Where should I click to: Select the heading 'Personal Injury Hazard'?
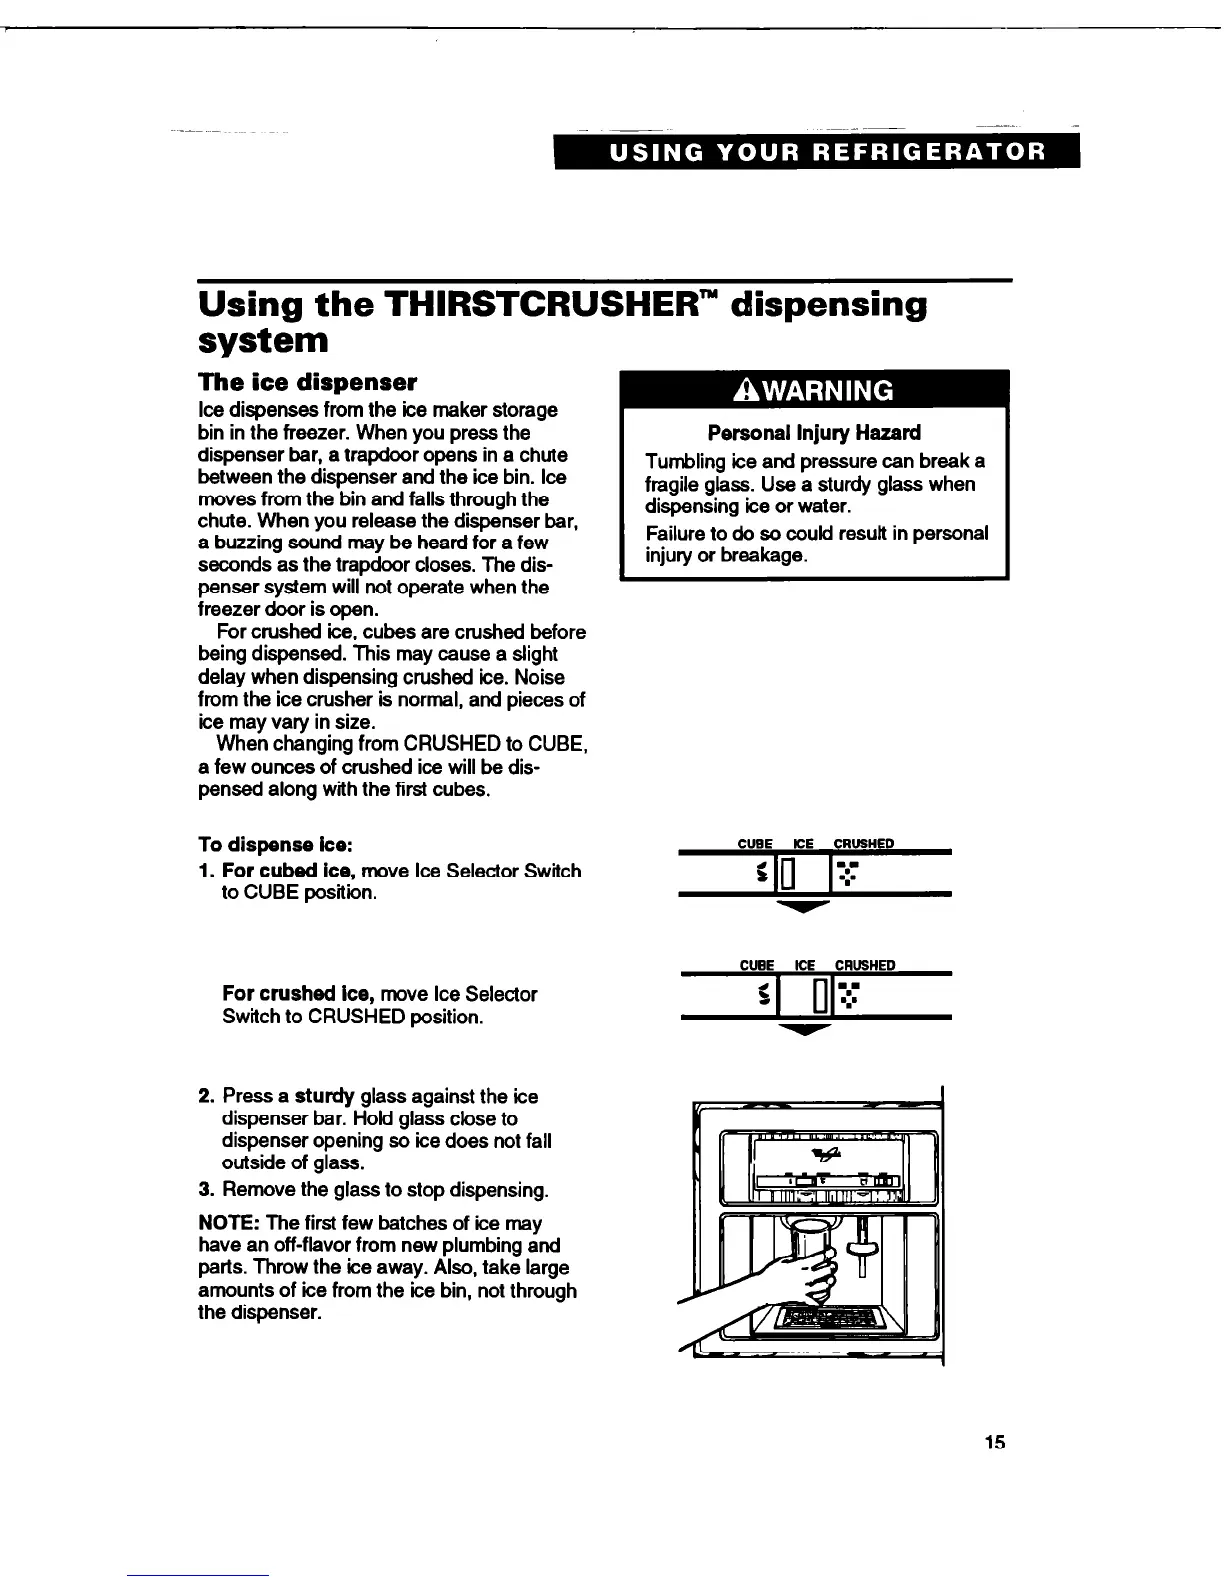click(x=814, y=433)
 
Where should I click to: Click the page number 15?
click(x=993, y=1442)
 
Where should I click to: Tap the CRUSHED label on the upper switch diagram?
click(x=863, y=843)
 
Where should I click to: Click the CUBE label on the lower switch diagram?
click(x=756, y=965)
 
